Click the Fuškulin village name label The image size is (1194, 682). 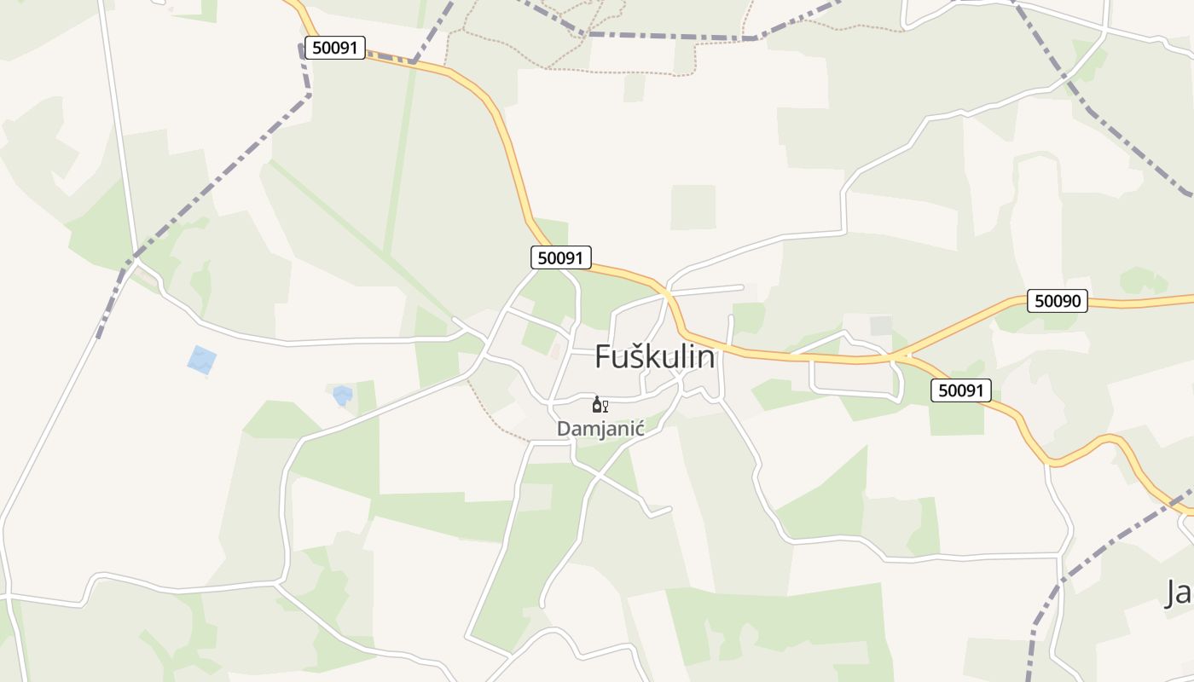pos(654,356)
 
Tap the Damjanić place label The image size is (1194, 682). pos(600,428)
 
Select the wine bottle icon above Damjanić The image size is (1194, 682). pos(596,404)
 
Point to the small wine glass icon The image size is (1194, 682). pos(606,406)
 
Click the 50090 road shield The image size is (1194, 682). pos(1057,300)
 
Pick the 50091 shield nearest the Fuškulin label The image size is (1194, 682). pos(560,257)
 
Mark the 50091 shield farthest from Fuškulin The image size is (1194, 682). pos(334,48)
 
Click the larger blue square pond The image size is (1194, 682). pos(201,360)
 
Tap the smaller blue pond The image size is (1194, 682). pos(342,395)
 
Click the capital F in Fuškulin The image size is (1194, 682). pos(604,356)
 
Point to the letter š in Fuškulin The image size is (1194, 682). pos(637,356)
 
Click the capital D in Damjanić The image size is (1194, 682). pos(564,428)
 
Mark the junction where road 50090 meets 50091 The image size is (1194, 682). pos(902,355)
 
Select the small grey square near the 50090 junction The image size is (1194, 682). pos(880,326)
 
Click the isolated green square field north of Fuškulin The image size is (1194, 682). pos(693,207)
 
